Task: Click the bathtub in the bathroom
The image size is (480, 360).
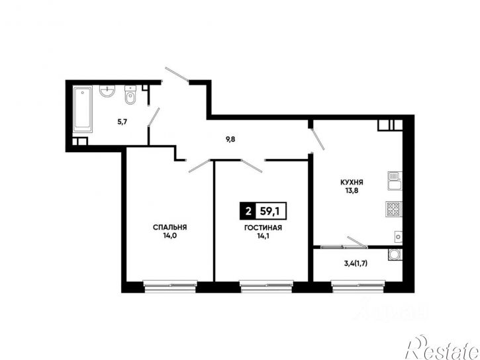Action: click(82, 109)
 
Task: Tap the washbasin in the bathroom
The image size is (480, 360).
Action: click(107, 91)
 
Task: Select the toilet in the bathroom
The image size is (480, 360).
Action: click(130, 95)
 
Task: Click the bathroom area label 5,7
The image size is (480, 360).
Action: click(122, 122)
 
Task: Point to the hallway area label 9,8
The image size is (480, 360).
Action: click(230, 140)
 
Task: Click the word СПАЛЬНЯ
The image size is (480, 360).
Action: click(169, 227)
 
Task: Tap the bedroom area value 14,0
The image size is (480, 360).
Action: click(171, 236)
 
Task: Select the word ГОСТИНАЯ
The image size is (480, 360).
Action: click(263, 228)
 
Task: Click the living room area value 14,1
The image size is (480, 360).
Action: click(264, 236)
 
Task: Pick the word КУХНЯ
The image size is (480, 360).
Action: click(352, 183)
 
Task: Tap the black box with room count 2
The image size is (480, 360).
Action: click(248, 211)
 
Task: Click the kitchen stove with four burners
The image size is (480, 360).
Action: click(394, 209)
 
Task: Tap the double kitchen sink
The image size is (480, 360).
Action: click(395, 181)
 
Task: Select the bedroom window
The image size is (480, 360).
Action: click(170, 287)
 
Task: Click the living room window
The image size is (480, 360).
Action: click(266, 287)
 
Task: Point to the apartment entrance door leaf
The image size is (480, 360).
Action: click(177, 74)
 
